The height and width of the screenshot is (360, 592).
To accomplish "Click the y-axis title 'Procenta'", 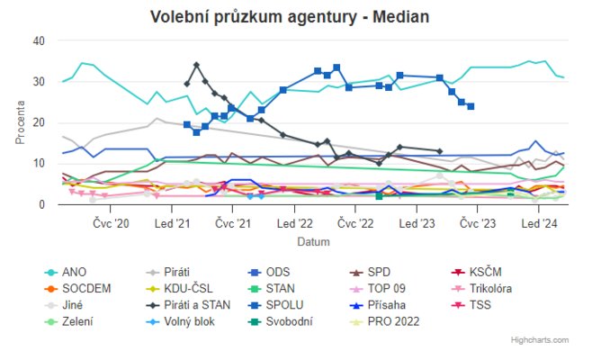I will [21, 123].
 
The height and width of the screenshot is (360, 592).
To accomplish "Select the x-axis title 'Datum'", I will [313, 242].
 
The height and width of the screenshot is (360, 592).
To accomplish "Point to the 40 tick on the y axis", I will [39, 40].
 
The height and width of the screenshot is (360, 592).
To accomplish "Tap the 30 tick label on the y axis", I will [39, 82].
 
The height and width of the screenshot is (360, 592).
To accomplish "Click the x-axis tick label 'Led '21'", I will [171, 223].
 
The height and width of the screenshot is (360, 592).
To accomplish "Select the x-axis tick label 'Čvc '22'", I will [355, 223].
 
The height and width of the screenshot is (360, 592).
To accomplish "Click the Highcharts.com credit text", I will [539, 340].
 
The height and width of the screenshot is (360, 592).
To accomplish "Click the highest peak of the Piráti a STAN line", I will [196, 65].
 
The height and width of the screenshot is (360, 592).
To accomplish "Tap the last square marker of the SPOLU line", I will [471, 106].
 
